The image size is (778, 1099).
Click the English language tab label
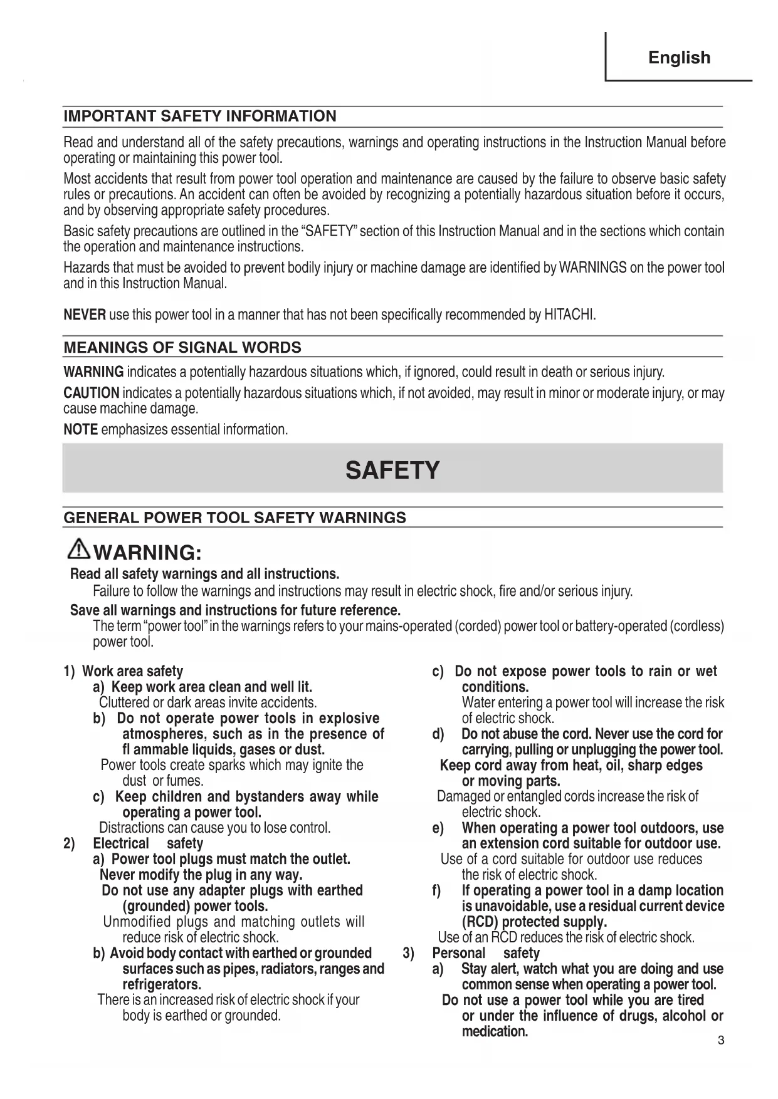coord(679,58)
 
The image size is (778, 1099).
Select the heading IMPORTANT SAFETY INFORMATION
coord(200,116)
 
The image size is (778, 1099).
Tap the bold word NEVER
coord(85,314)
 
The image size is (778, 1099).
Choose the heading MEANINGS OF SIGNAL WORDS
coord(182,348)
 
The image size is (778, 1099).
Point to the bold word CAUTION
coord(92,393)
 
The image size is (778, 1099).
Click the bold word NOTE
coord(81,430)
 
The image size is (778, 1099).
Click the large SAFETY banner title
coord(392,470)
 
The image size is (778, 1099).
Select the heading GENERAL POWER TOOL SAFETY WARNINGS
coord(234,518)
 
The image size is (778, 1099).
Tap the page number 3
coord(720,1041)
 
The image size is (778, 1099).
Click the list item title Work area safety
coord(133,672)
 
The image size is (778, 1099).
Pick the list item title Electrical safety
coord(148,844)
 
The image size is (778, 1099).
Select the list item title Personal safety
coord(485,954)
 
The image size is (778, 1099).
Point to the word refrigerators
coord(162,984)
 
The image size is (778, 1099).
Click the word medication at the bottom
coord(495,1031)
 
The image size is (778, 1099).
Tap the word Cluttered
coord(125,703)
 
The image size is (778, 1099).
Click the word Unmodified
coord(137,922)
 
